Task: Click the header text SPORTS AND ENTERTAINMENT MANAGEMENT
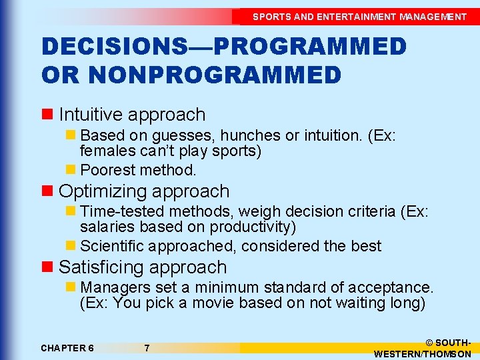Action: (x=359, y=17)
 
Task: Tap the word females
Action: (x=107, y=151)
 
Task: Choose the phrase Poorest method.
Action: (x=138, y=170)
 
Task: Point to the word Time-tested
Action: (x=123, y=212)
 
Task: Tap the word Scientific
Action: (x=112, y=246)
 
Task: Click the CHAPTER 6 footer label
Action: (x=67, y=348)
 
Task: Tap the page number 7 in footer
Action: (x=147, y=348)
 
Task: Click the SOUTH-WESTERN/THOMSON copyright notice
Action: (x=423, y=348)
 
